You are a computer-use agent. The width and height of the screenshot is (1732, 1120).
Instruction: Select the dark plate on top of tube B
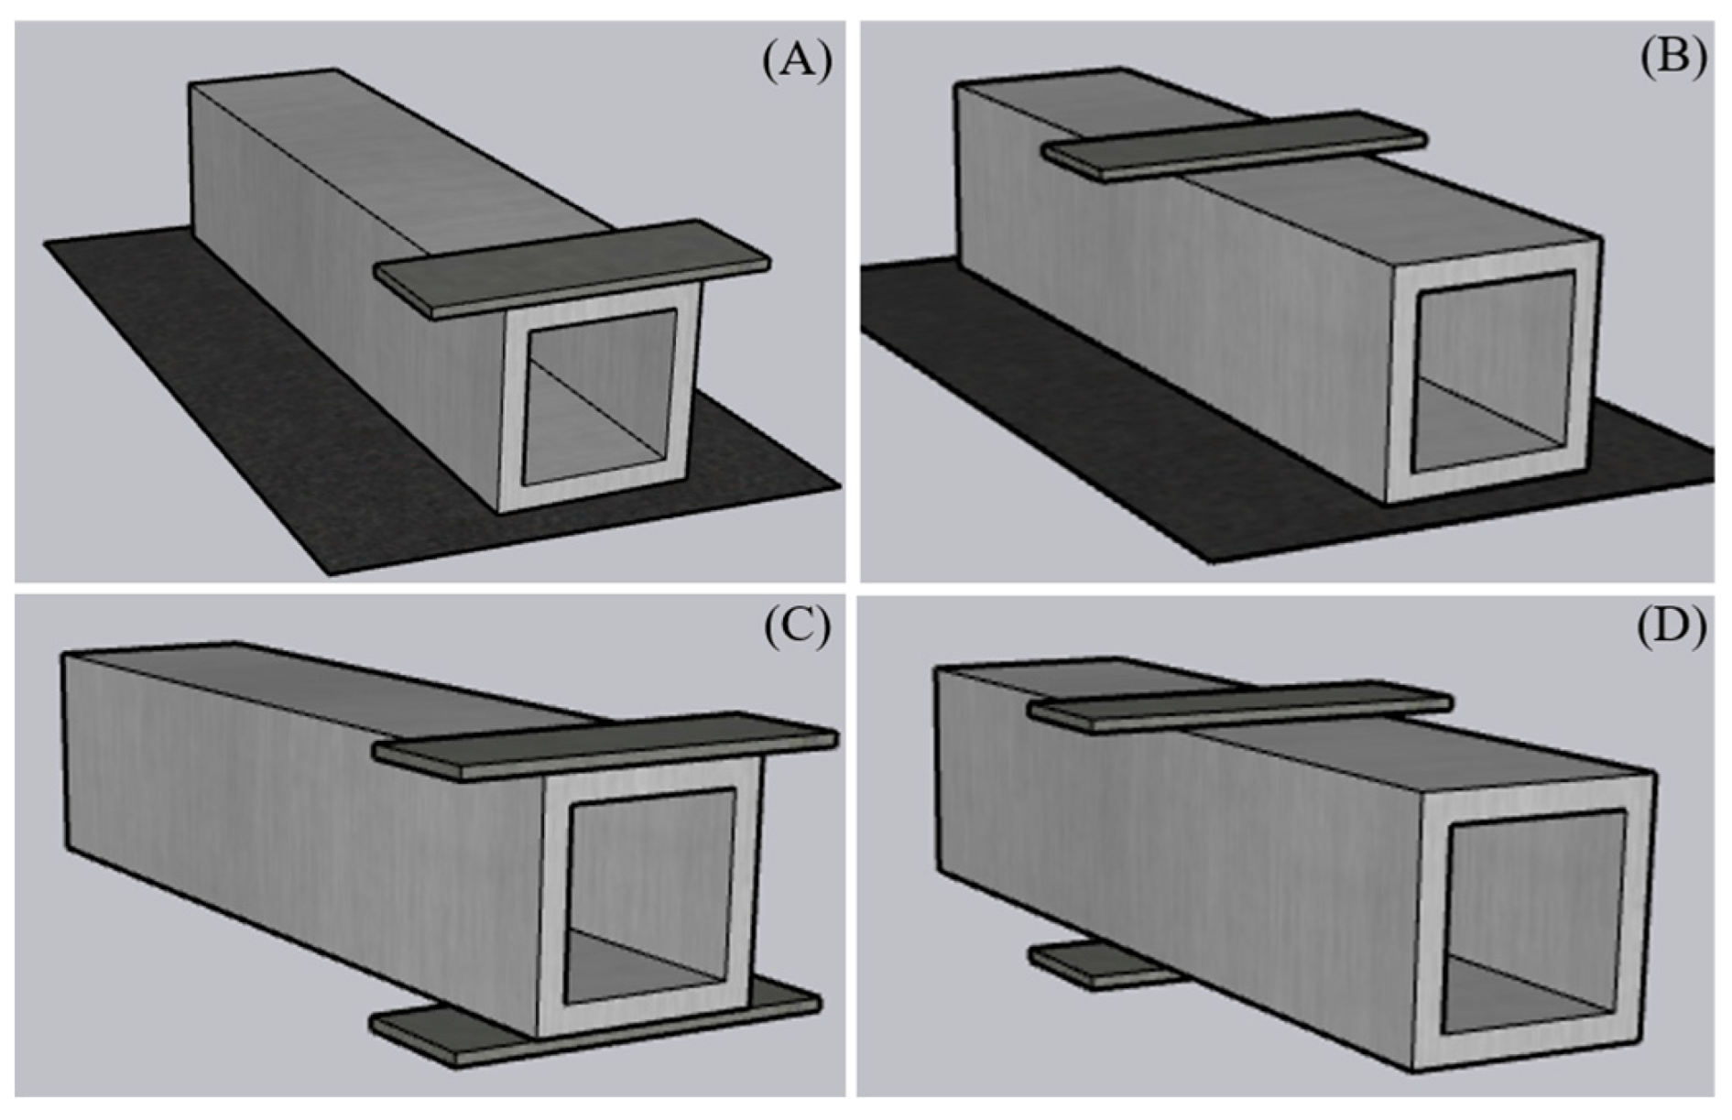(x=1235, y=145)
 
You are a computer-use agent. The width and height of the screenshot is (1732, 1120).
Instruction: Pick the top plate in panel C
(x=605, y=745)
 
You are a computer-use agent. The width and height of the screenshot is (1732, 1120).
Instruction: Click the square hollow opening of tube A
(x=600, y=396)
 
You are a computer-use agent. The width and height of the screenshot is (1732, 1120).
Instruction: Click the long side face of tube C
(x=302, y=824)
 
